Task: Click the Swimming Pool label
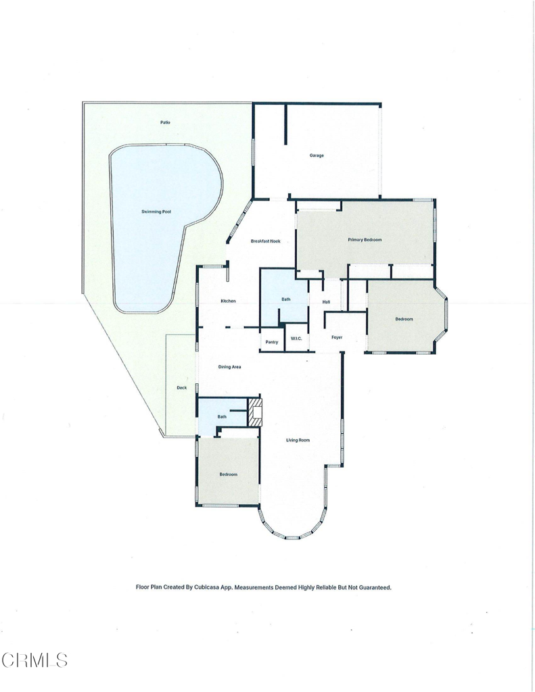156,212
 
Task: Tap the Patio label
165,122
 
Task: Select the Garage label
317,155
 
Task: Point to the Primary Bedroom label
365,240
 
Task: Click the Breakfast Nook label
266,241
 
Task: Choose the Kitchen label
228,301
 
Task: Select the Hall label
326,302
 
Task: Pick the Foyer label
337,337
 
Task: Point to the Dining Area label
230,367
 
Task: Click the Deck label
181,388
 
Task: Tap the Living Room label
298,440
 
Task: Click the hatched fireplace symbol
255,413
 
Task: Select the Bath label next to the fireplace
222,416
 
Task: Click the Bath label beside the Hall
286,299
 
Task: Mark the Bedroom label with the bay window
404,319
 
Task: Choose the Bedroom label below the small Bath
229,474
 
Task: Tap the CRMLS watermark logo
34,660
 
